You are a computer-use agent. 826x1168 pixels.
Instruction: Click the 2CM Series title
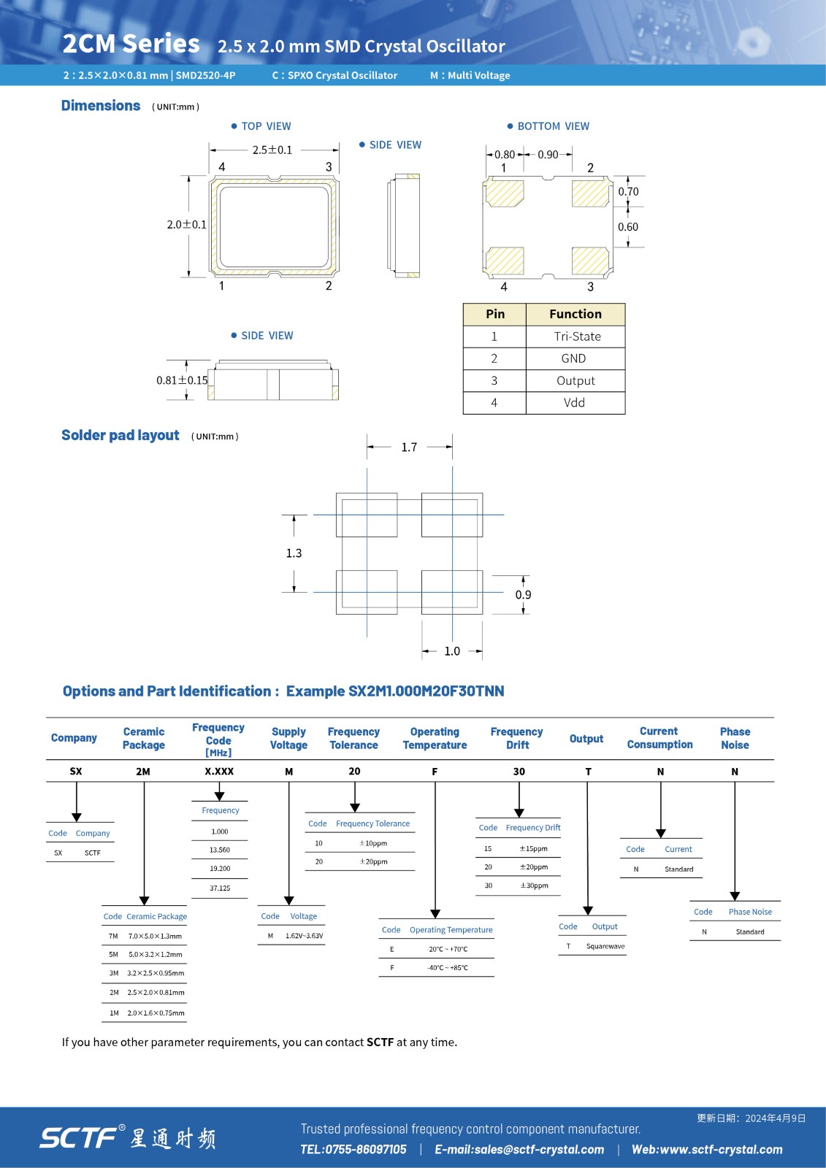click(x=131, y=44)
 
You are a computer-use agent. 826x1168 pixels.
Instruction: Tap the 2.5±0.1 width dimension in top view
click(x=272, y=150)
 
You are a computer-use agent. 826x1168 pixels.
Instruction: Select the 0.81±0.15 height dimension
click(x=182, y=380)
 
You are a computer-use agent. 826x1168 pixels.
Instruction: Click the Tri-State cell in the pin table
click(x=577, y=337)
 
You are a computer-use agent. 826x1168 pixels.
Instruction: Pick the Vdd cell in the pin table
click(x=574, y=403)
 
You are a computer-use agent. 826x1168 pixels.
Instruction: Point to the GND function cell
click(x=573, y=358)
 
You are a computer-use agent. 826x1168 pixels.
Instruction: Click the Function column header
click(x=575, y=314)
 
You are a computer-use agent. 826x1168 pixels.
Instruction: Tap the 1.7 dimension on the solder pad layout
click(x=409, y=447)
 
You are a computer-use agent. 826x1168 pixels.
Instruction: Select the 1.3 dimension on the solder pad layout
click(x=294, y=553)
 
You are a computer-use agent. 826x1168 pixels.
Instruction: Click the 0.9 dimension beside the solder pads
click(x=523, y=595)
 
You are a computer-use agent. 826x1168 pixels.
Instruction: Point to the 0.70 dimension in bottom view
click(x=628, y=192)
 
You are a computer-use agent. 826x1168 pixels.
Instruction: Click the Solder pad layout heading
click(x=121, y=436)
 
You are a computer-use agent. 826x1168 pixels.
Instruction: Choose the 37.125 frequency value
click(x=220, y=888)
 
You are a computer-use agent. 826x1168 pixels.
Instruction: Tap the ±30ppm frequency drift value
click(x=534, y=885)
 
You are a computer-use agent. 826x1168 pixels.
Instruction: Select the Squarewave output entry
click(x=605, y=946)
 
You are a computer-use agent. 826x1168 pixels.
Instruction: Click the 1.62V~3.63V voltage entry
click(x=304, y=936)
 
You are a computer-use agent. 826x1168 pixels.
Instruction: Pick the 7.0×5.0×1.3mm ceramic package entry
click(x=155, y=936)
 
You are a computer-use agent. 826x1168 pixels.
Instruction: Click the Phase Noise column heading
click(x=735, y=738)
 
